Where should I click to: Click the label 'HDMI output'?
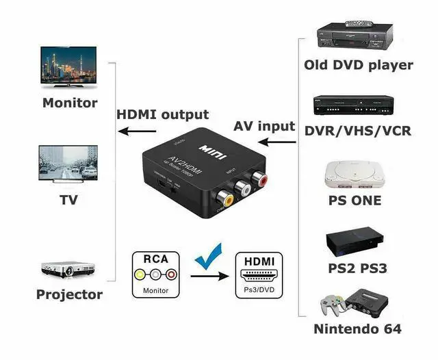(x=162, y=114)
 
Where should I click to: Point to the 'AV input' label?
(x=264, y=126)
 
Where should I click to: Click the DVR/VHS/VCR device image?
(x=355, y=105)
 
